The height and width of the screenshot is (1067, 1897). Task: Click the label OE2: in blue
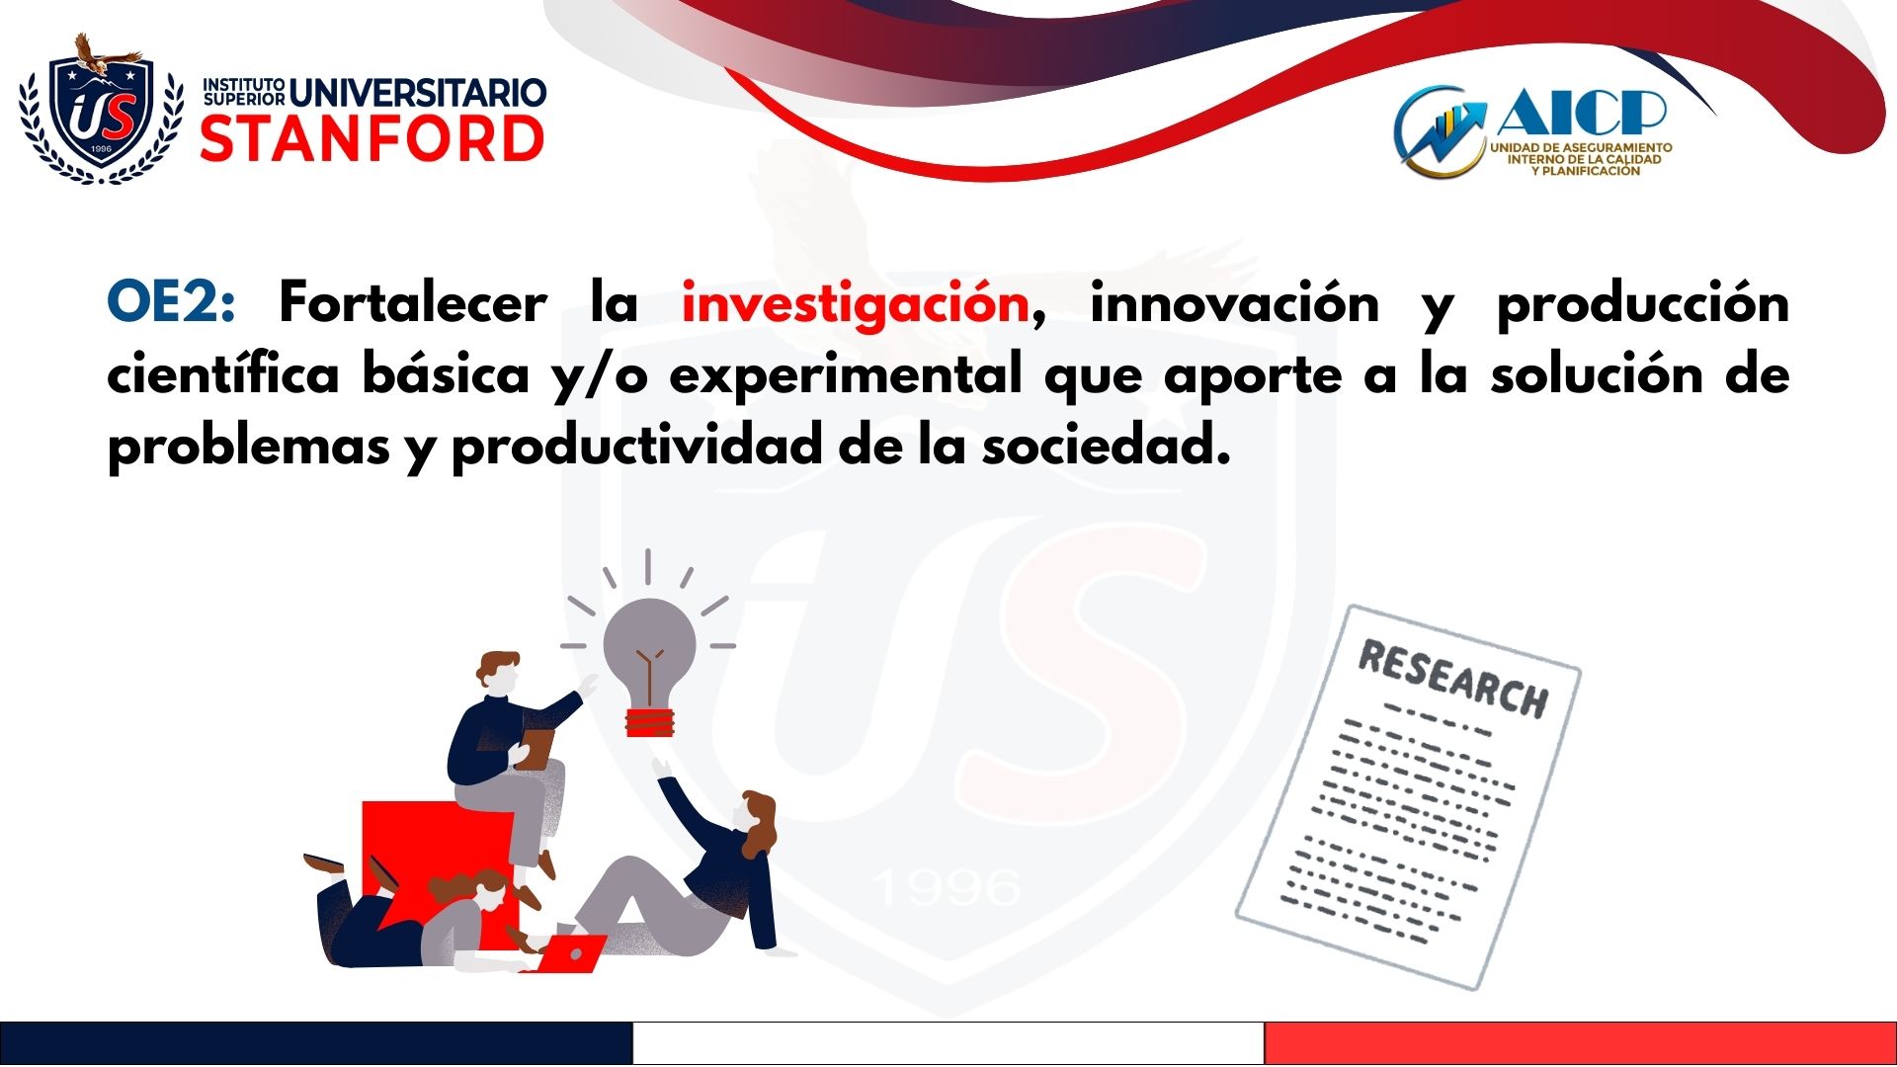click(171, 302)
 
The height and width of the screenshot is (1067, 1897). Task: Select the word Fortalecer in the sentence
click(413, 301)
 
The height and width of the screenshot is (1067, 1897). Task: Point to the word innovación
click(1234, 301)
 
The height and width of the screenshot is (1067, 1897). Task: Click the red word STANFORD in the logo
click(372, 138)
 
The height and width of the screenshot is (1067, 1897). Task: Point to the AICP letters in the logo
click(1581, 112)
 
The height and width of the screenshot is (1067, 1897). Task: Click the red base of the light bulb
click(649, 722)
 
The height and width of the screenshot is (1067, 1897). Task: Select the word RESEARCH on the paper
click(1453, 679)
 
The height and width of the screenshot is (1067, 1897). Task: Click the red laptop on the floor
click(569, 953)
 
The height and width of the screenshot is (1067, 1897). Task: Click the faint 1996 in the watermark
click(948, 887)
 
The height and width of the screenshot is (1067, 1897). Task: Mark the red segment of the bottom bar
click(1581, 1043)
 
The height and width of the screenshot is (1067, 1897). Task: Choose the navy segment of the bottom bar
click(316, 1043)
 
